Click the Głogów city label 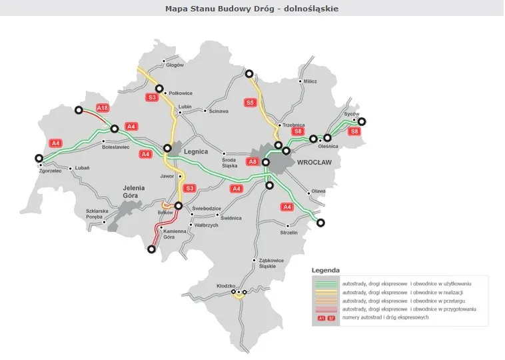point(175,65)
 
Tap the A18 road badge point(102,107)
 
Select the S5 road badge point(250,103)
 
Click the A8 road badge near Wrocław point(252,161)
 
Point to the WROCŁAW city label point(314,162)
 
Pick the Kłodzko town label point(227,285)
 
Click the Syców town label point(351,114)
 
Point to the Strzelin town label point(288,233)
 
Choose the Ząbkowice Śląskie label point(271,263)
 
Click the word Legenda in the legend point(326,271)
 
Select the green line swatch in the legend point(326,283)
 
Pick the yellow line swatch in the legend point(326,292)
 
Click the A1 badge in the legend point(321,318)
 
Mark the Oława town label point(318,191)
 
